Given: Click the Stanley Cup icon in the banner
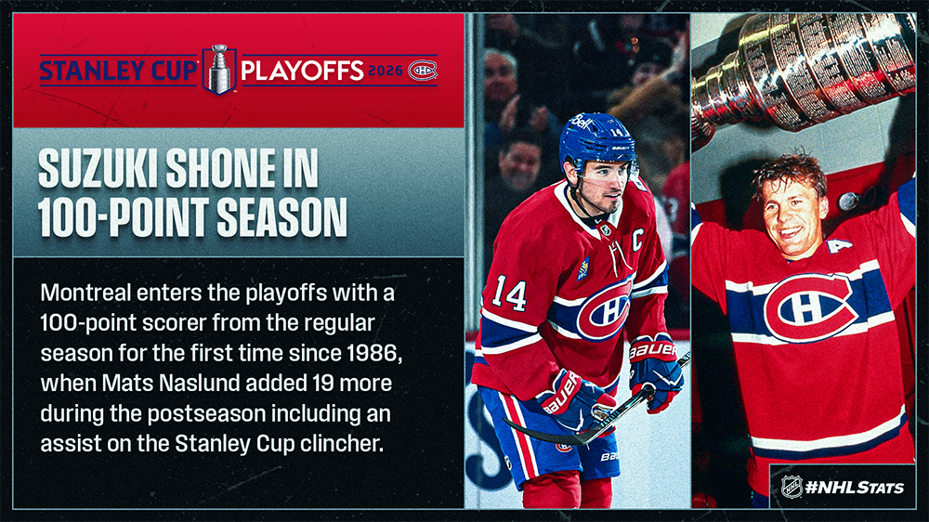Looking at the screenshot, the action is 219,70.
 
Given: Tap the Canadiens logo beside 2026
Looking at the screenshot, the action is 423,71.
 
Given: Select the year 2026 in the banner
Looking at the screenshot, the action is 386,71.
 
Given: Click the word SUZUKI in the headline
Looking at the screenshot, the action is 98,168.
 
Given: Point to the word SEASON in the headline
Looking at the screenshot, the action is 282,217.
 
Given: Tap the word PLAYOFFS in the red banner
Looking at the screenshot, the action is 302,71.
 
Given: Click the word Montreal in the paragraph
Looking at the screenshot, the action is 85,293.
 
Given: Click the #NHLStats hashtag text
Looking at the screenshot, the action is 855,488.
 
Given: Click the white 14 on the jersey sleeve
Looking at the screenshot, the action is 509,292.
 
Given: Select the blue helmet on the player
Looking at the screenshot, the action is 596,141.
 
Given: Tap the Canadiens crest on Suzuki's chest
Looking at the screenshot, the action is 606,308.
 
